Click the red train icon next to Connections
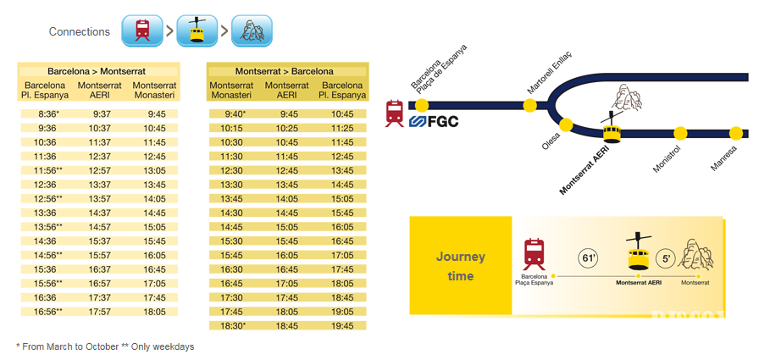(141, 30)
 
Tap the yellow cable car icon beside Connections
(197, 30)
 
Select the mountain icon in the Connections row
(252, 30)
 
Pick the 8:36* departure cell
(47, 114)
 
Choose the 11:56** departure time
(47, 170)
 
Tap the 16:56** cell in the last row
(47, 312)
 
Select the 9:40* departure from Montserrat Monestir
(234, 114)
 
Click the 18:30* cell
(234, 325)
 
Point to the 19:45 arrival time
(343, 325)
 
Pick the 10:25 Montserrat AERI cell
(289, 128)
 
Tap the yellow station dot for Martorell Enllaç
(530, 105)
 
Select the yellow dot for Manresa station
(735, 133)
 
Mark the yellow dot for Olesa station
(566, 125)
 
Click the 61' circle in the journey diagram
(588, 258)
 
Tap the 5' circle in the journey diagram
(665, 258)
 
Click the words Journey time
(461, 266)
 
